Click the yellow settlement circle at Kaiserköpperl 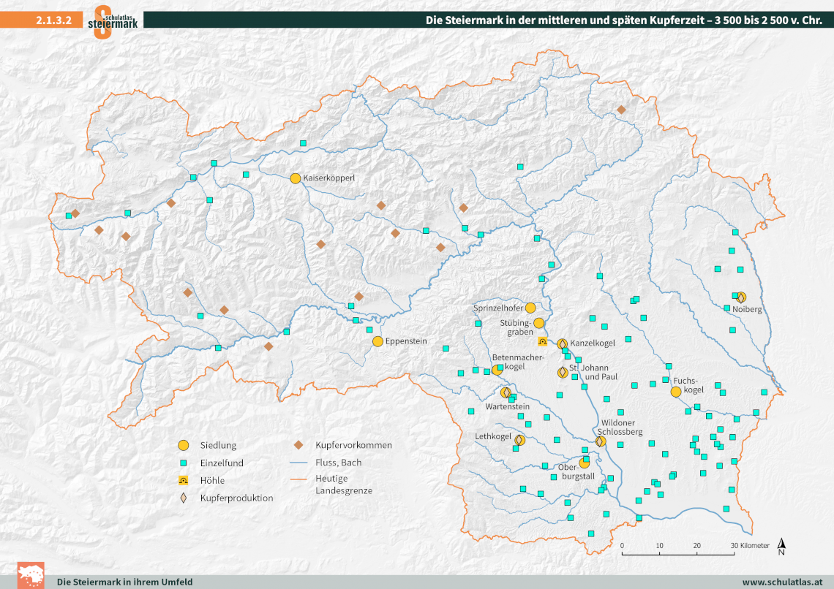click(296, 178)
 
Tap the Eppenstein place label click(406, 341)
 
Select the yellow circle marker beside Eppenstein click(377, 341)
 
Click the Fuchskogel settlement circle click(676, 392)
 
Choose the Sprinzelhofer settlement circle click(530, 308)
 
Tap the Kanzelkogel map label click(593, 342)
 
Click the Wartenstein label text click(507, 406)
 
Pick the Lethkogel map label click(493, 436)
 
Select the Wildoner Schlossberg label click(622, 427)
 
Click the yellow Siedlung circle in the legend click(184, 445)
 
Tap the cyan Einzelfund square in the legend click(184, 463)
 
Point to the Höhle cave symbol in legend click(184, 480)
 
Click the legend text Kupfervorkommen click(353, 445)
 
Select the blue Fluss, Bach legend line click(298, 463)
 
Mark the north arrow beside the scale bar click(782, 546)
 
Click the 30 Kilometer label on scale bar click(751, 546)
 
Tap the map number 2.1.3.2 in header click(53, 20)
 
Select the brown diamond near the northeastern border click(621, 110)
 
